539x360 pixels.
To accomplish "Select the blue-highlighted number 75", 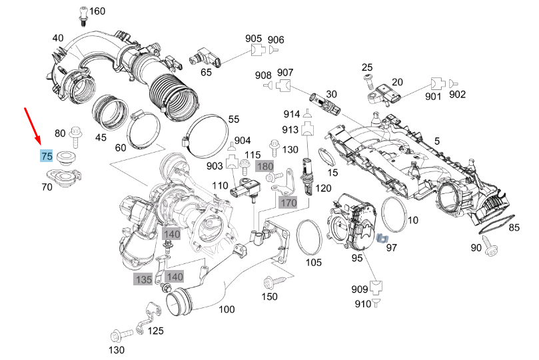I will [47, 157].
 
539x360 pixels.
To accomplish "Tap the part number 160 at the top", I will [97, 11].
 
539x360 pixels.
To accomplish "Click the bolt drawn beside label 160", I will [82, 11].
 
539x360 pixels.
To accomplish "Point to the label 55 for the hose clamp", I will [233, 119].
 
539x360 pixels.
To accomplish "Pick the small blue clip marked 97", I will [383, 238].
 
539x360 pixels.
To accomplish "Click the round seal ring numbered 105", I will [308, 237].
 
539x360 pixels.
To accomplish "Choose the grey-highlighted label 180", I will [265, 165].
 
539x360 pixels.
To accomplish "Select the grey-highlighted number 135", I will [143, 279].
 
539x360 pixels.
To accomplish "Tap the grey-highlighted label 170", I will [288, 202].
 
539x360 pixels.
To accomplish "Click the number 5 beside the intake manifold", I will [437, 141].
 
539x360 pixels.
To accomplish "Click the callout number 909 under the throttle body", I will [360, 289].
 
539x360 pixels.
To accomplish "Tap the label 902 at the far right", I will [458, 95].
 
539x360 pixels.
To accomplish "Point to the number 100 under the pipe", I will [227, 309].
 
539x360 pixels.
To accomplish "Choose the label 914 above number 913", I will [291, 115].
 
